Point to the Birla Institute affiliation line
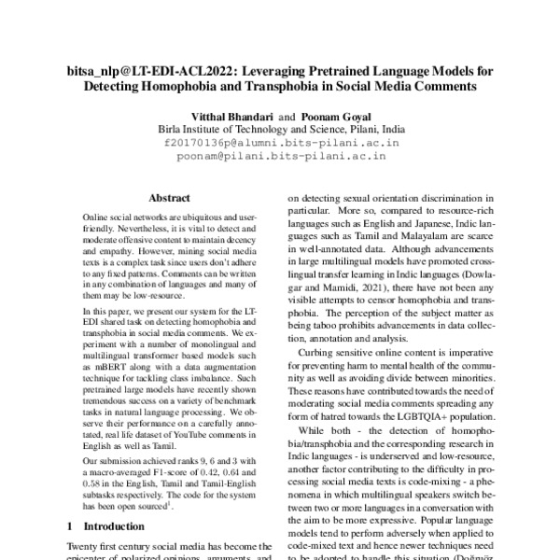click(x=281, y=130)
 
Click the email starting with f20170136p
click(x=281, y=144)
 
